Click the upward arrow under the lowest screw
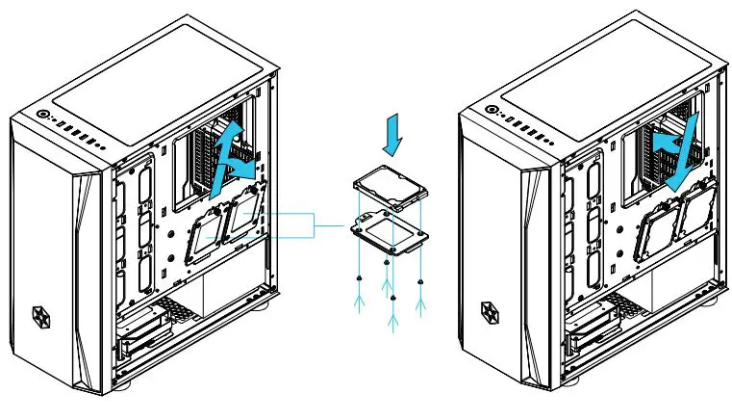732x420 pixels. pos(391,318)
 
